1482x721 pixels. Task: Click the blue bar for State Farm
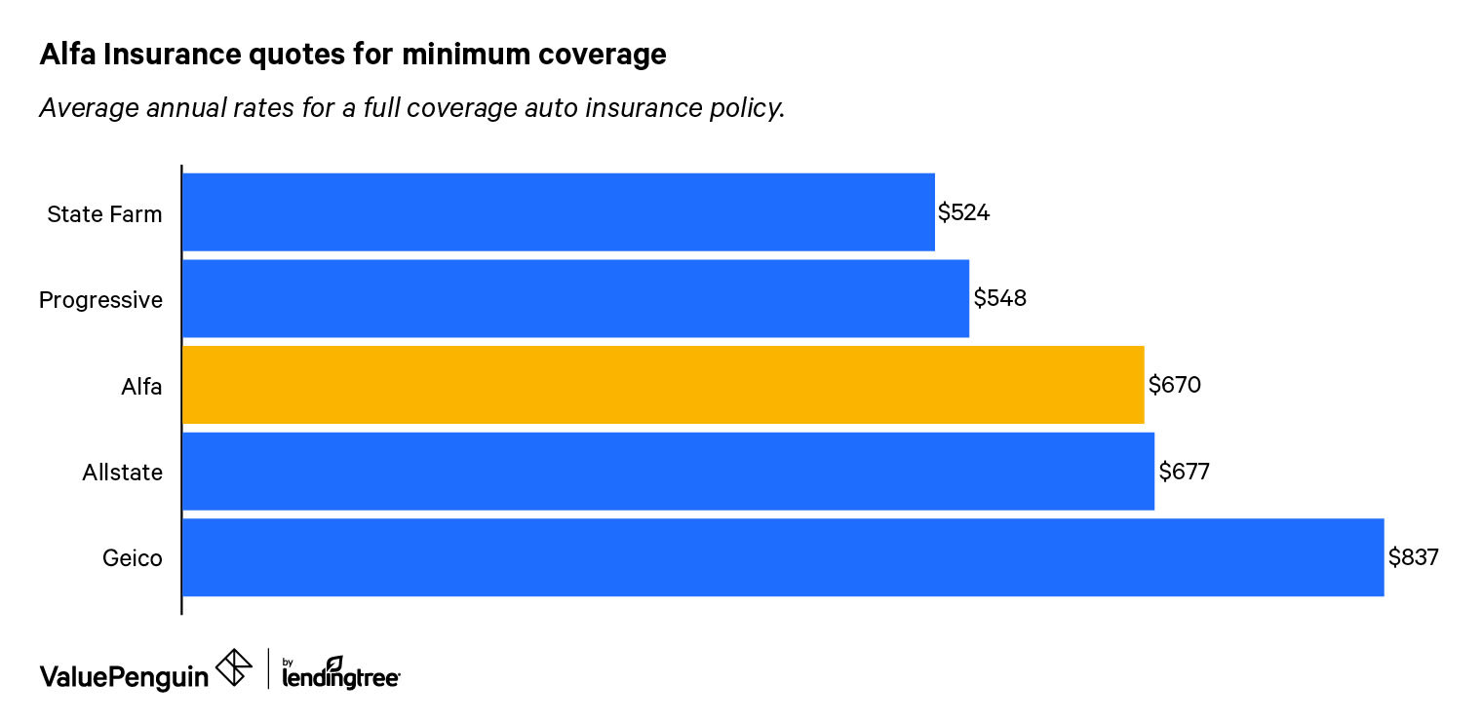click(x=558, y=212)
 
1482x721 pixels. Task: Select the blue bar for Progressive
click(x=575, y=298)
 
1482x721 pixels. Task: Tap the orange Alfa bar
click(x=663, y=385)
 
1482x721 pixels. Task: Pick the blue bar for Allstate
click(x=668, y=472)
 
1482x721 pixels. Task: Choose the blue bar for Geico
click(x=783, y=557)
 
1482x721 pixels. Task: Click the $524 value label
click(x=963, y=212)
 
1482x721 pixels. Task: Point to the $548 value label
click(x=999, y=298)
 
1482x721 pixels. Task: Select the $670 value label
click(x=1174, y=385)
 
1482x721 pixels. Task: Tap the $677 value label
click(x=1184, y=472)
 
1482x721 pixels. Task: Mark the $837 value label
click(x=1414, y=557)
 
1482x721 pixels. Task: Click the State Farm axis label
click(x=104, y=214)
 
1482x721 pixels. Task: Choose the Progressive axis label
click(x=100, y=300)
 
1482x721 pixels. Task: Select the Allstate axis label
click(x=122, y=474)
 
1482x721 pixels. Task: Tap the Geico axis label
click(x=132, y=559)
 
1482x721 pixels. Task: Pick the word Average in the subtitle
click(x=85, y=108)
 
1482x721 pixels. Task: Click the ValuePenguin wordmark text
click(x=124, y=676)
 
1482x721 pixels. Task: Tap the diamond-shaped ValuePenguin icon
click(x=233, y=668)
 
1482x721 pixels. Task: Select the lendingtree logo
click(x=340, y=673)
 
